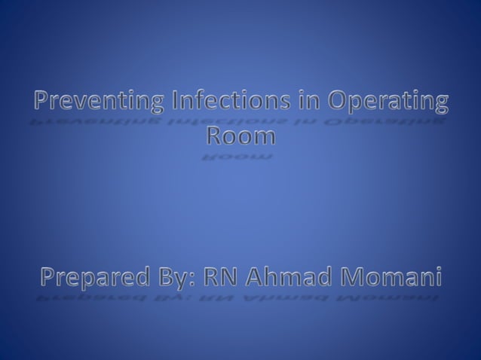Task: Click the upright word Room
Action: (240, 136)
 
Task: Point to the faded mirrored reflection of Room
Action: (240, 157)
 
